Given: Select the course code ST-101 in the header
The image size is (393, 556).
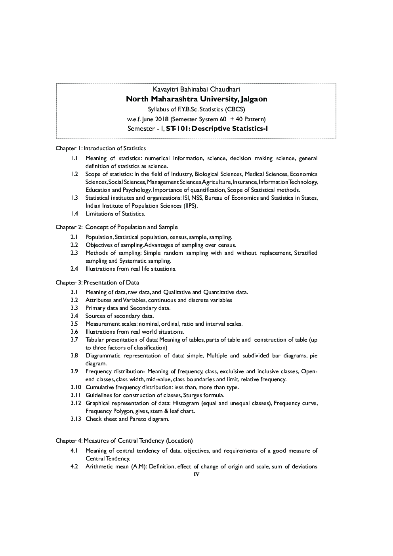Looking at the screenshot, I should pos(177,128).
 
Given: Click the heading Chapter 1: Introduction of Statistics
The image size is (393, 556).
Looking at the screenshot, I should pos(101,148).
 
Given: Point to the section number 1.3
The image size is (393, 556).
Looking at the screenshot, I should pos(74,198).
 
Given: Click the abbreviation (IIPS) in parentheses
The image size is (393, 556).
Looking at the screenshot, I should pos(190,206).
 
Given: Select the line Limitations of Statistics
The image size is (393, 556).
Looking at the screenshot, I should pos(115,214).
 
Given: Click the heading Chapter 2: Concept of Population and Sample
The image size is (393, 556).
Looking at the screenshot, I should pos(116,227).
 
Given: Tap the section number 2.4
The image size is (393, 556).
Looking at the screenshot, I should pos(74,269).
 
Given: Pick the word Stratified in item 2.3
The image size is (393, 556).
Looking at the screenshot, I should pos(305,253).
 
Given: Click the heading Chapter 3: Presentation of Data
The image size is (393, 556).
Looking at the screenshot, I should pos(97,283).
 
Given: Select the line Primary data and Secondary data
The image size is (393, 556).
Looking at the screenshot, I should pos(128,308).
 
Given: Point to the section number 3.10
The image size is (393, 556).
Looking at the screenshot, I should pos(76,387).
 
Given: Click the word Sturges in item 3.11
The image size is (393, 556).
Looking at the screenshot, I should pos(193,395).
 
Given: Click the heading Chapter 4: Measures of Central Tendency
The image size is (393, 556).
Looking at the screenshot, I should pos(124,441).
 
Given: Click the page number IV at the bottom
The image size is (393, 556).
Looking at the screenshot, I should pos(196,474).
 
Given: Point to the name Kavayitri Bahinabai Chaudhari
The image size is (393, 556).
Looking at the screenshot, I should pos(196,90).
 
